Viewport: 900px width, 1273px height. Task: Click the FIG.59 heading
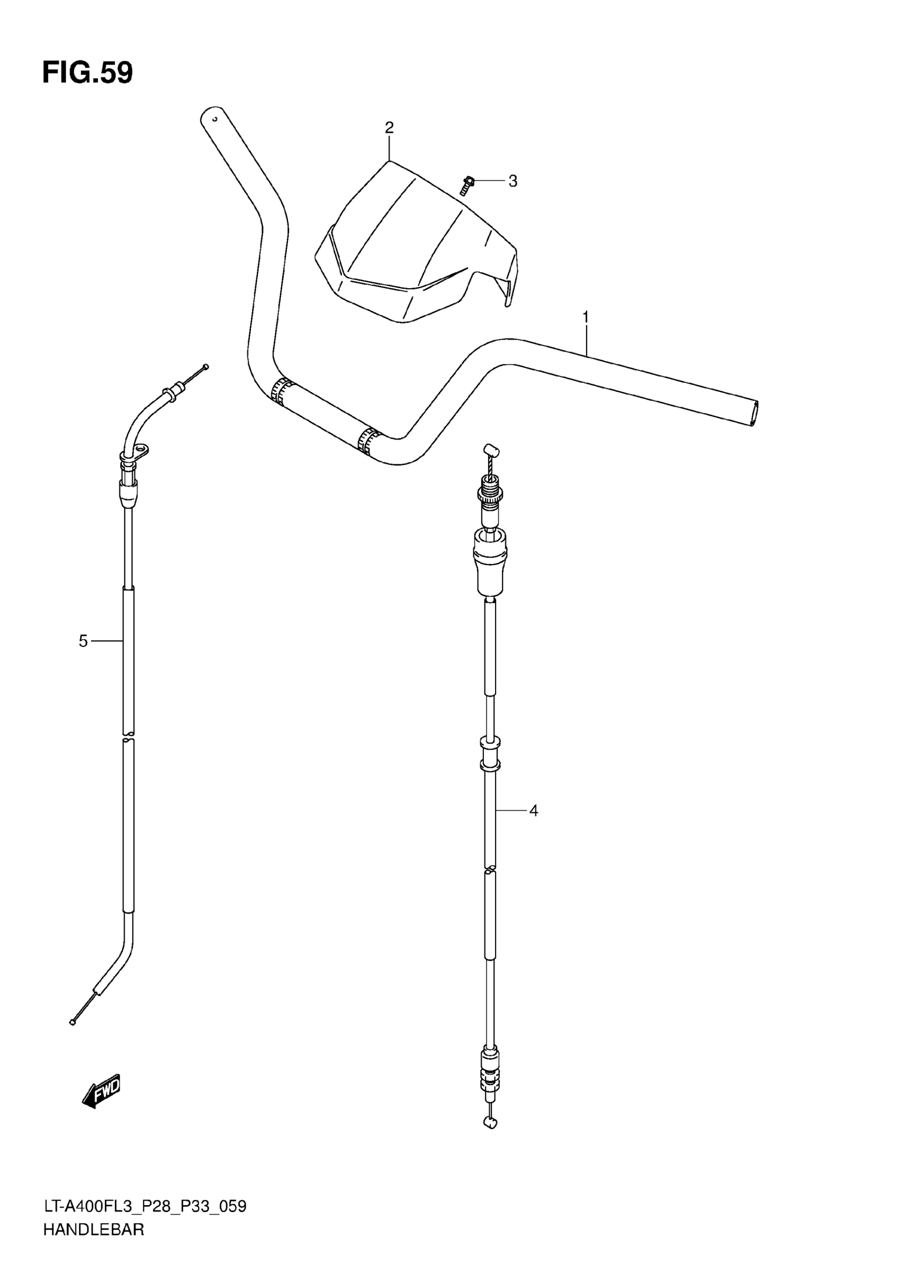coord(87,73)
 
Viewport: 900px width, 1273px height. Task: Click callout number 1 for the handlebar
coord(585,318)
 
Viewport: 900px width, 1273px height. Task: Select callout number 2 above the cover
coord(389,128)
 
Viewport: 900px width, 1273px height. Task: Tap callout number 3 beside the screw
coord(512,181)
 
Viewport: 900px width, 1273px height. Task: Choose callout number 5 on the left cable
coord(83,641)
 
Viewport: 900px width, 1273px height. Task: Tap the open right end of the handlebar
coord(754,413)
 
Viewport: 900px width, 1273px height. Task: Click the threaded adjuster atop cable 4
coord(489,488)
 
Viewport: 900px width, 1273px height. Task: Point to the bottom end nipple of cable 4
coord(490,1123)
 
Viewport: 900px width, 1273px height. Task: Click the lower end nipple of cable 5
coord(73,1022)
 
